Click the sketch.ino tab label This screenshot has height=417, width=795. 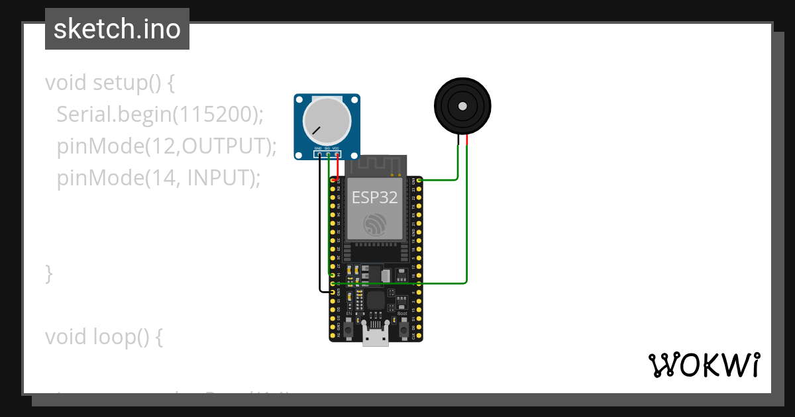[x=117, y=29]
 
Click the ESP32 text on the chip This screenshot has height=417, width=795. [x=375, y=197]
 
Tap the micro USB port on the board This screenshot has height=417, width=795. [x=376, y=336]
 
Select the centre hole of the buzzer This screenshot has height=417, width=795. [x=462, y=105]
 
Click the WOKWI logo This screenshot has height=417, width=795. [x=704, y=365]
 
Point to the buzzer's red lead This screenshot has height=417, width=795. [x=467, y=140]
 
